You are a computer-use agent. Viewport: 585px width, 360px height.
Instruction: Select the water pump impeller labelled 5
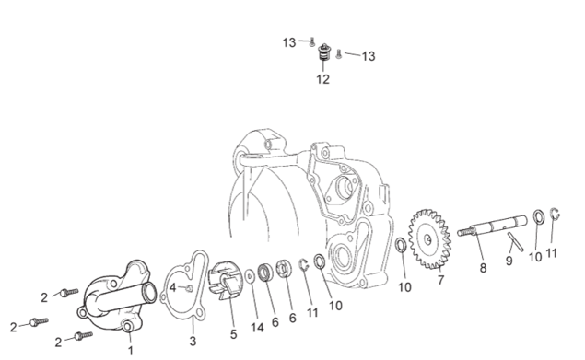click(x=225, y=280)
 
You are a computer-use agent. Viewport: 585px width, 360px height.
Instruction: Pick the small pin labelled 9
click(x=515, y=241)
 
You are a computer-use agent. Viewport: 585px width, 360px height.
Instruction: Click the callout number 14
click(x=257, y=328)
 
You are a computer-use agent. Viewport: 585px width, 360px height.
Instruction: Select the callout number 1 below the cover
click(x=131, y=351)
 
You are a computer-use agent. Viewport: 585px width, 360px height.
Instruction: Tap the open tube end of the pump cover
click(x=150, y=292)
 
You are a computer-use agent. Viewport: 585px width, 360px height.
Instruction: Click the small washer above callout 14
click(x=250, y=276)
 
